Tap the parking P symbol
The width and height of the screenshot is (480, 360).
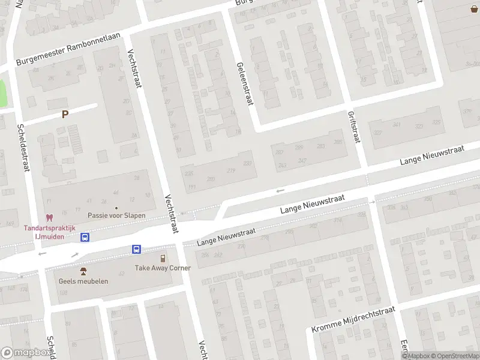point(65,114)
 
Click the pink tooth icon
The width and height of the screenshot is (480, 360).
point(50,218)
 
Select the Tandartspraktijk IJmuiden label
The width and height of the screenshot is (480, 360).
point(49,232)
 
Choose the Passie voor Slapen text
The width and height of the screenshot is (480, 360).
point(116,215)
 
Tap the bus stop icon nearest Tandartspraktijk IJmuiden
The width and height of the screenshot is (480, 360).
point(85,237)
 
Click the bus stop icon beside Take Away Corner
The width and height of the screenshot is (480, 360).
point(137,249)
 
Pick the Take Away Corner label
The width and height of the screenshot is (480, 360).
point(163,268)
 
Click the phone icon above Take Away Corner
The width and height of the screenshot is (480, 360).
point(163,257)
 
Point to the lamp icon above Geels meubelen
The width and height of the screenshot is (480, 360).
point(83,271)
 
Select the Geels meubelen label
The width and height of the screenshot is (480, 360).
point(83,281)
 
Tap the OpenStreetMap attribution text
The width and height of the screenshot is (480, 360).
point(456,356)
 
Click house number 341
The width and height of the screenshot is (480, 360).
point(396,125)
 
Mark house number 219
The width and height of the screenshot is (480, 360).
point(231,171)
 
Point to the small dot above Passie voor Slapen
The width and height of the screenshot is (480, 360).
point(116,208)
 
